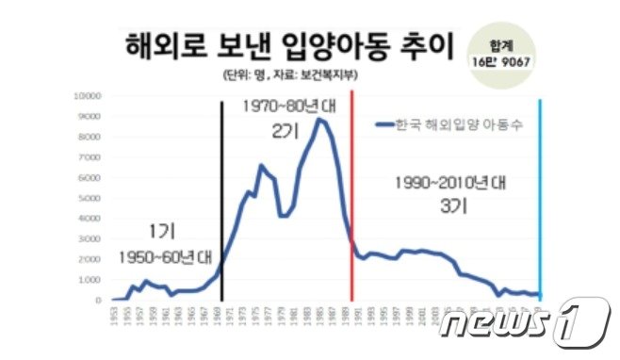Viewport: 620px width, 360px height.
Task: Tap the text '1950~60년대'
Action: point(166,256)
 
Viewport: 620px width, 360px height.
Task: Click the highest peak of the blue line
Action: point(319,119)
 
